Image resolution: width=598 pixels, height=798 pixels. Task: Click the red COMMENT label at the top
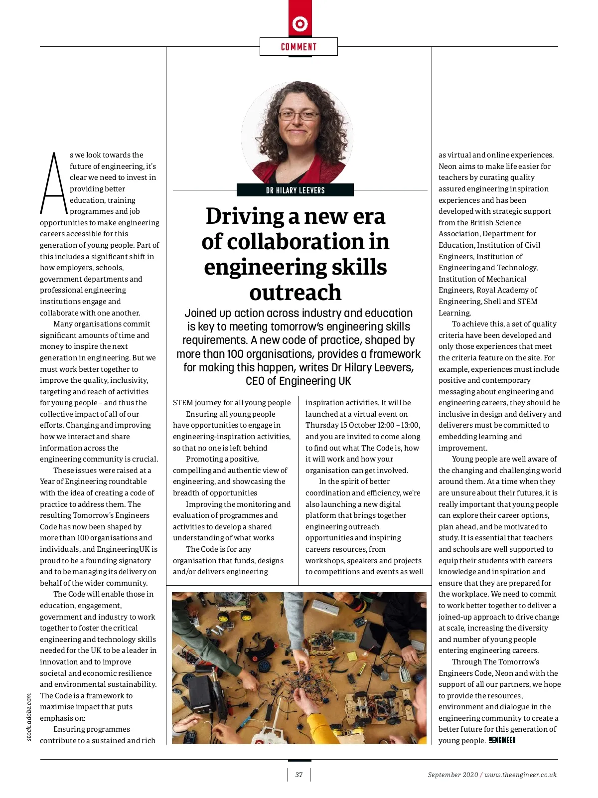pos(299,47)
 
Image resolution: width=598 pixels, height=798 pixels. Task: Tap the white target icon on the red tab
pos(300,23)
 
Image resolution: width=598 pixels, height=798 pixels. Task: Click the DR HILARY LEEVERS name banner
pos(295,190)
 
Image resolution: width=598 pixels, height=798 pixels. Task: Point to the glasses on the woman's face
pos(298,116)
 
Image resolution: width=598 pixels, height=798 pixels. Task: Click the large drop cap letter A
pos(53,182)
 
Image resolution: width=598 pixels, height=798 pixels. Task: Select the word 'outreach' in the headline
pos(296,293)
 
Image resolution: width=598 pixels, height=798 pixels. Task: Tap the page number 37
pos(299,775)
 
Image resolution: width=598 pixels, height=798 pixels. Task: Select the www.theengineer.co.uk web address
pos(520,775)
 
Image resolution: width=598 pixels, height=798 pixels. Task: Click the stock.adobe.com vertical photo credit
pos(29,717)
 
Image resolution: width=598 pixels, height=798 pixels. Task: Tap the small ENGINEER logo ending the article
pos(502,741)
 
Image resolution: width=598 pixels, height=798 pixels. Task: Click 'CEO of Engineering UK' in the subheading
pos(298,381)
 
